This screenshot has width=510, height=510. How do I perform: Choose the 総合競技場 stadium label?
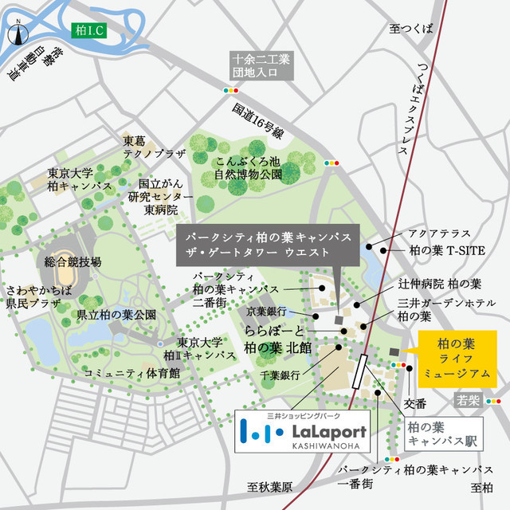[74, 261]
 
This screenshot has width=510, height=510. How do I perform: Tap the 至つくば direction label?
[411, 29]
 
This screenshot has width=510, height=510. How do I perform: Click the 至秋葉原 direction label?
[271, 487]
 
